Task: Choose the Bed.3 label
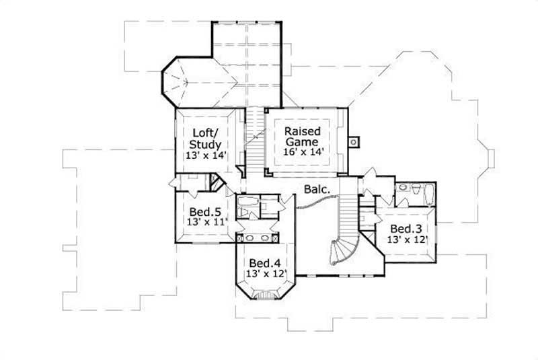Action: pyautogui.click(x=406, y=227)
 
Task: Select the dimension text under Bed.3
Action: pyautogui.click(x=408, y=239)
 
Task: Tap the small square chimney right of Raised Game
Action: pyautogui.click(x=354, y=141)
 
